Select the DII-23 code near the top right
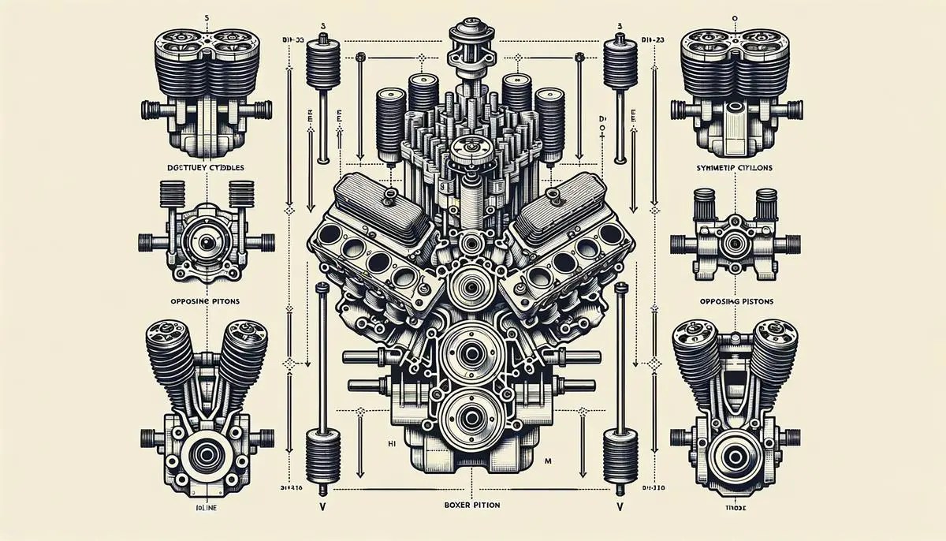(x=651, y=36)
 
